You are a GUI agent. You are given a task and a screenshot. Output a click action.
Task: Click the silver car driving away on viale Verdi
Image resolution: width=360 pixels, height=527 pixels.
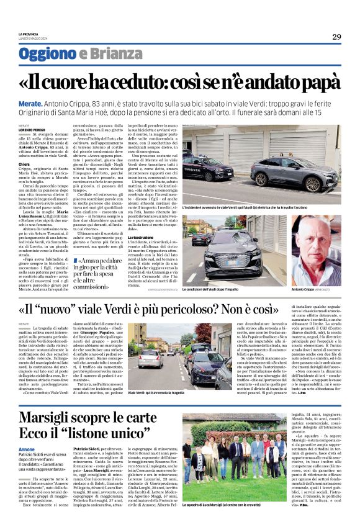point(150,359)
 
